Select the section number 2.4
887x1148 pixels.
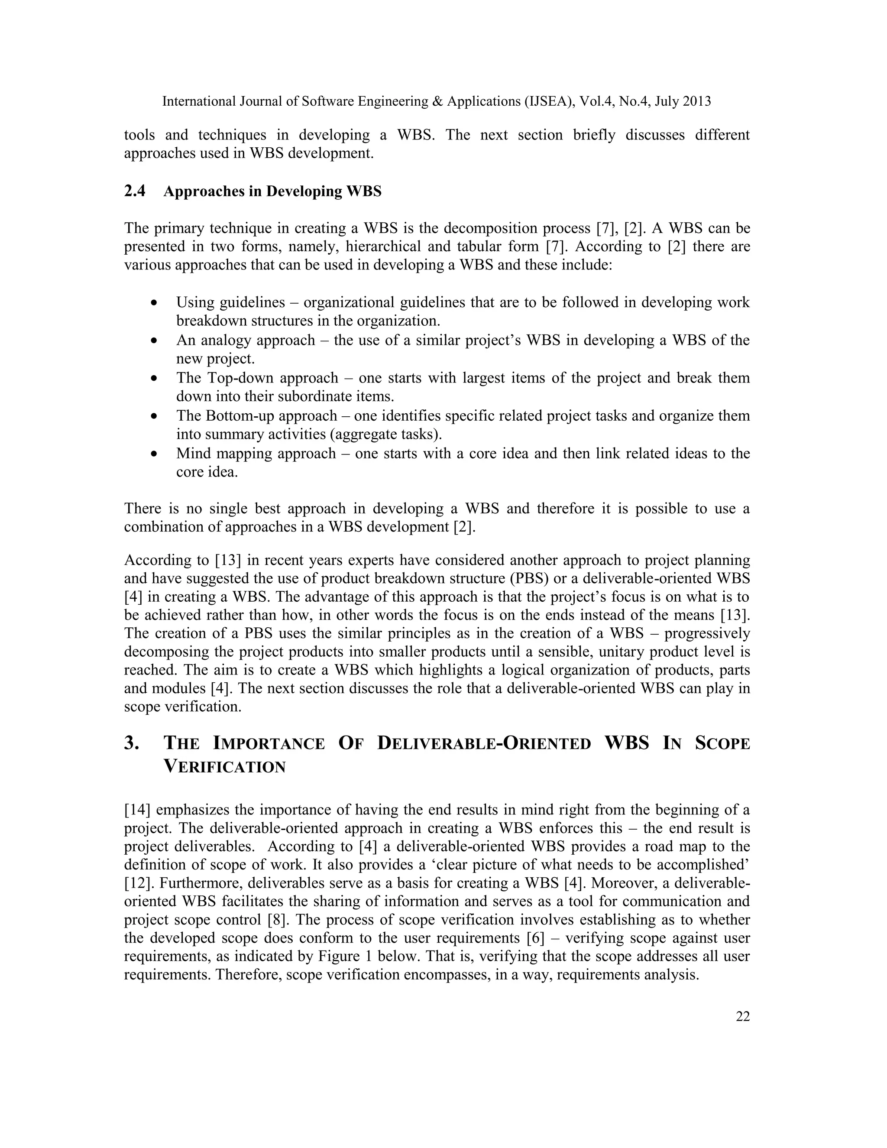click(135, 191)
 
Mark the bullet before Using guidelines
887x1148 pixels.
click(153, 303)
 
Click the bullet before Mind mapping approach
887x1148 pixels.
click(153, 454)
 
